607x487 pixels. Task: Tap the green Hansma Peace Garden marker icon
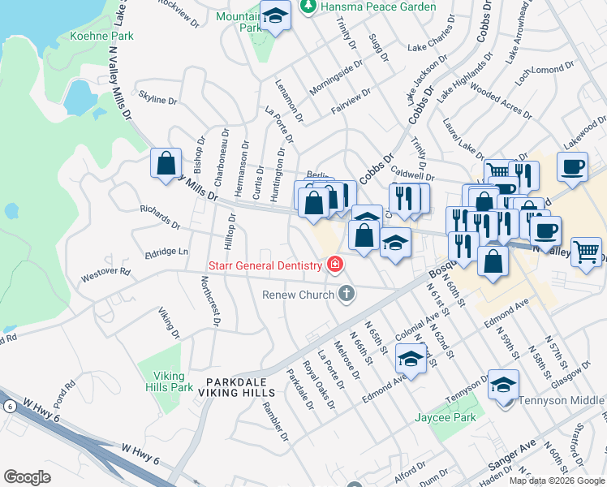307,7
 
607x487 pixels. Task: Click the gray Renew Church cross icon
347,294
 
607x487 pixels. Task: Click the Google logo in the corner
27,477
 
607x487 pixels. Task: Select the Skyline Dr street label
158,100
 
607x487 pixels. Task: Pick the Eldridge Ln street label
166,252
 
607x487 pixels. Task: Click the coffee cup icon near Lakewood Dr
572,166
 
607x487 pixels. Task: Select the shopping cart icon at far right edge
586,250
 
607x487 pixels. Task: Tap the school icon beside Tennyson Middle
503,385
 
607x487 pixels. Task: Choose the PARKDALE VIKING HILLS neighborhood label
242,387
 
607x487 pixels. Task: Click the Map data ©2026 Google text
556,481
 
